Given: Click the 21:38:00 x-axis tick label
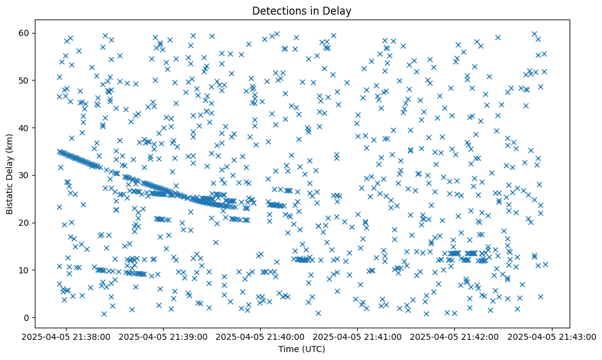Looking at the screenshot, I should pos(67,336).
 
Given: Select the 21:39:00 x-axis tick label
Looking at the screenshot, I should pos(164,336).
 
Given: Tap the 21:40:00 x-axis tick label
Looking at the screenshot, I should pos(260,336).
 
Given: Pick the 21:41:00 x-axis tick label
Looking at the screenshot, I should pos(357,336).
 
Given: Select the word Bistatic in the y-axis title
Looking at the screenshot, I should pos(10,196).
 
